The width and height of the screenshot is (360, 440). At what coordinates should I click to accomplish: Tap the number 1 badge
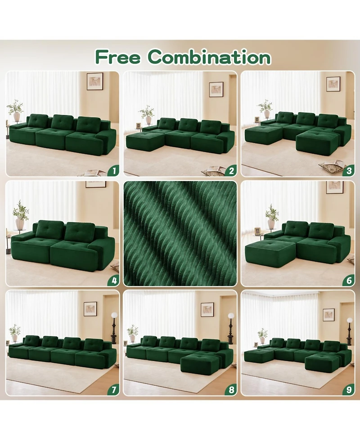[x=113, y=170]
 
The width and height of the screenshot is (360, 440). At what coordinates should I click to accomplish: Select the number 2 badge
[x=231, y=170]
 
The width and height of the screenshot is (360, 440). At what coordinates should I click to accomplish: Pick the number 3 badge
[x=348, y=170]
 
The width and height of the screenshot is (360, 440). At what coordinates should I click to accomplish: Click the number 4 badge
[x=113, y=280]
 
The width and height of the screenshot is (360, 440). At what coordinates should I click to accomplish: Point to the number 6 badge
[x=348, y=280]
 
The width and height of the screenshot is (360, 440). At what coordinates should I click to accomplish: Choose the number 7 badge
[x=113, y=390]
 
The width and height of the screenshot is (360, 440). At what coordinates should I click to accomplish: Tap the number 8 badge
[x=231, y=390]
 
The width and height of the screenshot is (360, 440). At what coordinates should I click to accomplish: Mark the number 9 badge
[x=348, y=390]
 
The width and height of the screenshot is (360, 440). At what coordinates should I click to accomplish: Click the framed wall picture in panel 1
[x=95, y=81]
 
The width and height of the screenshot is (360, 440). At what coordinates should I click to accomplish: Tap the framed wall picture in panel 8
[x=207, y=309]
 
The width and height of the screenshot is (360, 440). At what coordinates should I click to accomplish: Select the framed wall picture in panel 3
[x=333, y=84]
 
